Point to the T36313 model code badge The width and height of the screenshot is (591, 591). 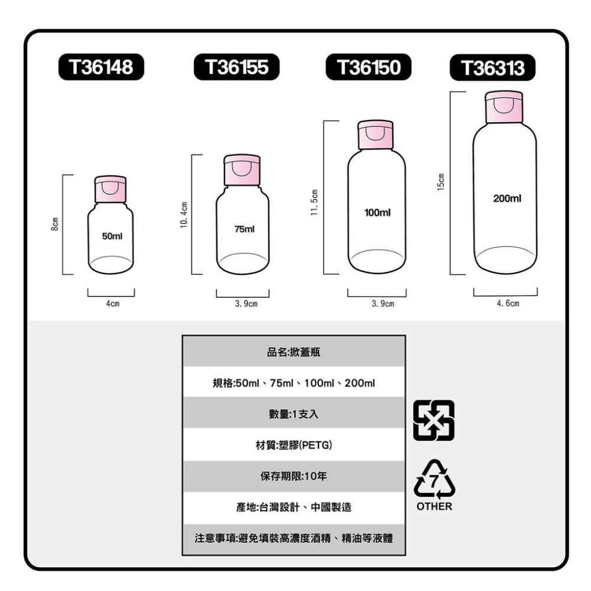(x=493, y=69)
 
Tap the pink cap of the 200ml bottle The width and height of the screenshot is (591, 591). (x=504, y=107)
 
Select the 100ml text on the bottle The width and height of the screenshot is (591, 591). (x=377, y=212)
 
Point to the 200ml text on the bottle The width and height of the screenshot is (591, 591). (x=506, y=199)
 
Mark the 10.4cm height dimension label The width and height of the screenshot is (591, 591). (x=184, y=215)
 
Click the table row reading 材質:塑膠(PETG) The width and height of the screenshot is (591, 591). (x=294, y=444)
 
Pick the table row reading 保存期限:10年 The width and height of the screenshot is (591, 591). (x=294, y=476)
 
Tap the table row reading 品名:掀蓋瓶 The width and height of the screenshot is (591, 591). (x=294, y=352)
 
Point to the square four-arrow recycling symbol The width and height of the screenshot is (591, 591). (x=434, y=420)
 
